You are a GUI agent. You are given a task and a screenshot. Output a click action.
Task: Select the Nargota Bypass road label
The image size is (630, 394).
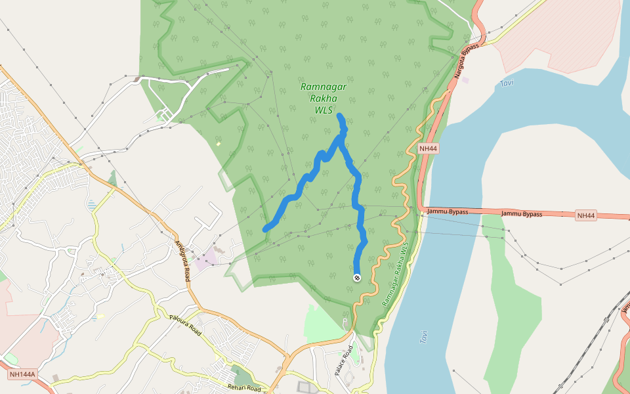tap(467, 62)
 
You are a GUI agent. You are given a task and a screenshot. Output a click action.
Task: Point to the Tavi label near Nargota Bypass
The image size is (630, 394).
tap(506, 83)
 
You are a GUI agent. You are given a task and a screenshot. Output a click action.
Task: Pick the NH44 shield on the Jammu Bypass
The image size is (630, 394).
tap(585, 215)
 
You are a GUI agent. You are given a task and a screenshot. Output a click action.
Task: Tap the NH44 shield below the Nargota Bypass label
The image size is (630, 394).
tap(428, 149)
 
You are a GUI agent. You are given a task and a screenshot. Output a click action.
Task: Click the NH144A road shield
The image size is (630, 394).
tap(22, 374)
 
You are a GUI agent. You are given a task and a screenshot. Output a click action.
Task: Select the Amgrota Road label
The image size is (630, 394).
tap(181, 260)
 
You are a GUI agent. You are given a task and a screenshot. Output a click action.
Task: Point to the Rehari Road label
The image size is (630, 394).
tap(244, 388)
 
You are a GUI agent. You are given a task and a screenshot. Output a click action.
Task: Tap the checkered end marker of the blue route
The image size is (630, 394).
tap(357, 278)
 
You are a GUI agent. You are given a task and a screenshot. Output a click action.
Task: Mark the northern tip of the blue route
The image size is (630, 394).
tap(339, 116)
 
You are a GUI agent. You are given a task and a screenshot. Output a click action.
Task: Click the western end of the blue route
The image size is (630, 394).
tap(266, 229)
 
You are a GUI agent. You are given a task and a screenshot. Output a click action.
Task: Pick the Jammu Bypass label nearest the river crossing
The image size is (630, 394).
tap(448, 211)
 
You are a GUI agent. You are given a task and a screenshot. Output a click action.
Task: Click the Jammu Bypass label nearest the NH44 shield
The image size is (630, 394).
tap(522, 214)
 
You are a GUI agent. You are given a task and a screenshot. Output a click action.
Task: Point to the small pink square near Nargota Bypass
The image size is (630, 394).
tap(465, 80)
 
